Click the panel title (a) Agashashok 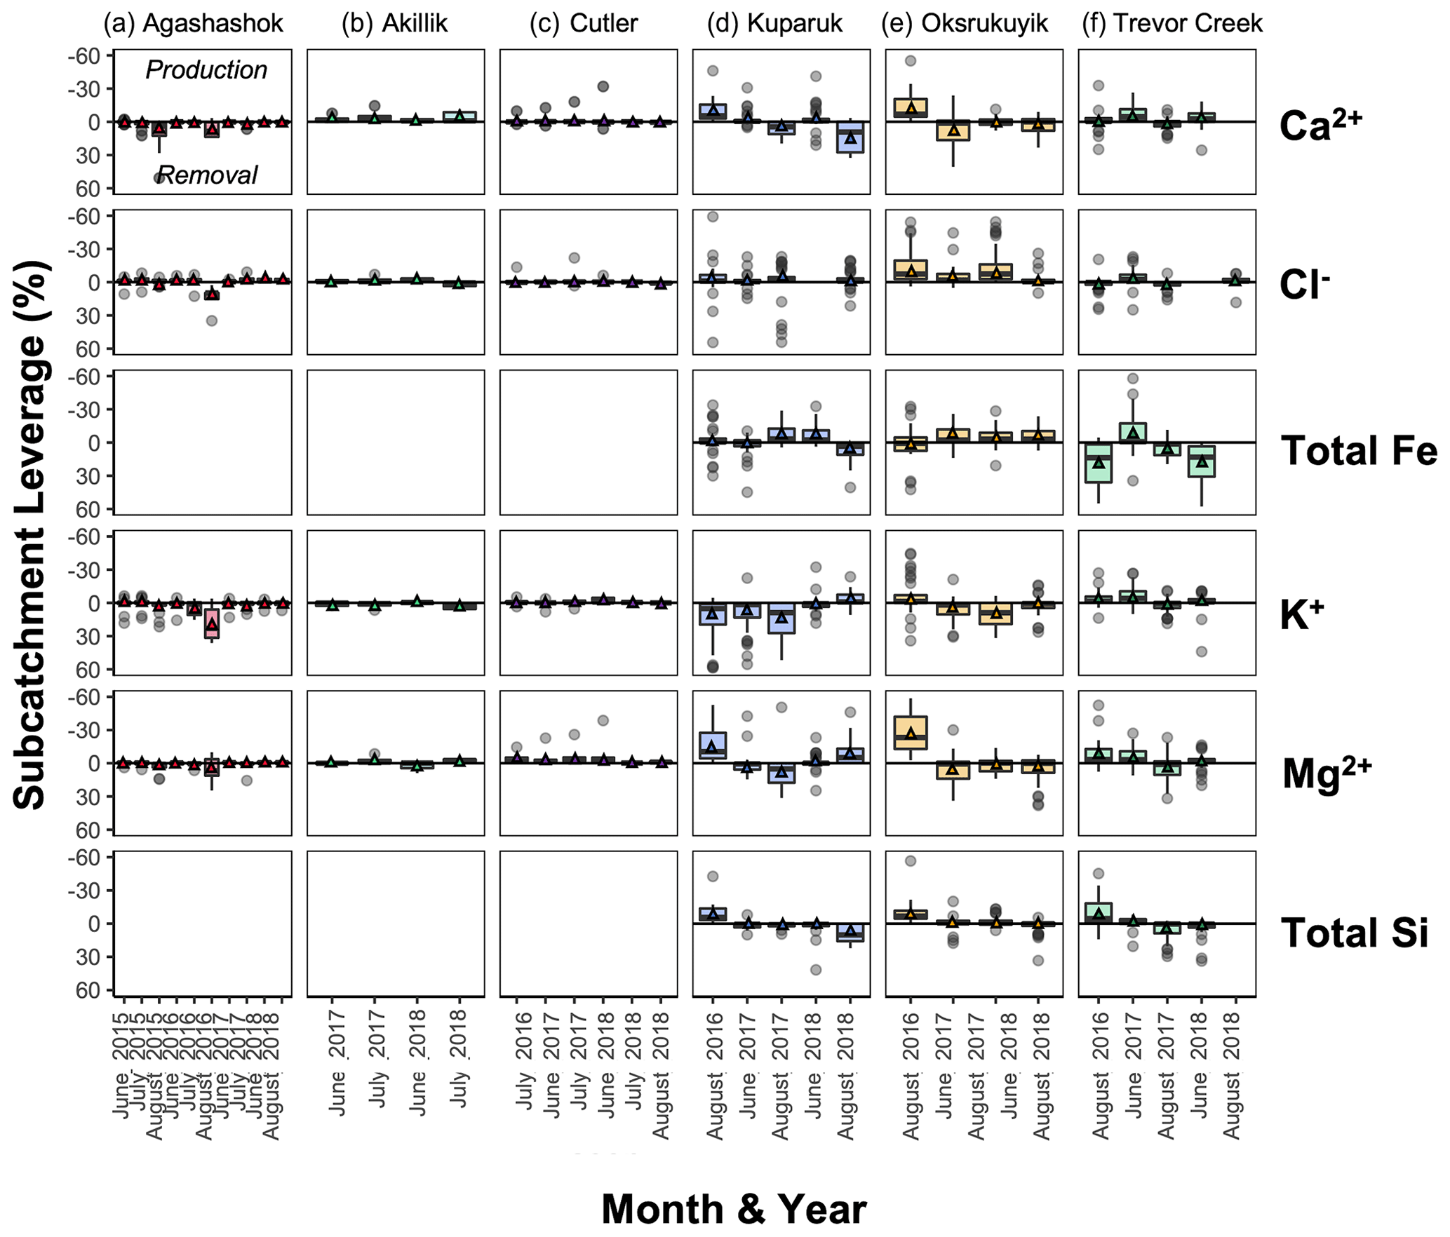click(x=193, y=23)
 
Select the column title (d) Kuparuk click(x=774, y=23)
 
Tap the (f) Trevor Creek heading click(x=1171, y=23)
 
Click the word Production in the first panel click(x=206, y=70)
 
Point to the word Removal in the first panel click(x=208, y=175)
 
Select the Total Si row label click(x=1354, y=933)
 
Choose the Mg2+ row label click(x=1326, y=774)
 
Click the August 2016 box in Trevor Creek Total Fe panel click(x=1098, y=463)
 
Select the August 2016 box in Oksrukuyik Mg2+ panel click(x=911, y=733)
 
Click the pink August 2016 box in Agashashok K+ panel click(x=212, y=623)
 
